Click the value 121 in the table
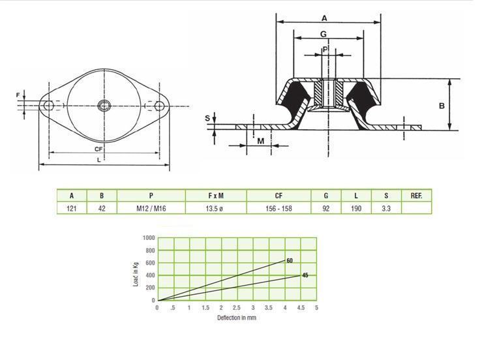tap(72, 209)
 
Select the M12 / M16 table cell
tap(151, 209)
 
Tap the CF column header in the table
tap(278, 196)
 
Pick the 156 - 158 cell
tap(278, 209)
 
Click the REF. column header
tap(416, 196)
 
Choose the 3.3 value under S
tap(386, 209)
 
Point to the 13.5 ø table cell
tap(215, 209)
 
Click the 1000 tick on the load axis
tap(149, 238)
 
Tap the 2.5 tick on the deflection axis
tap(237, 307)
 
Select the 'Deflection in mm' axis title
tap(237, 318)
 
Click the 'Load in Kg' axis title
tap(136, 274)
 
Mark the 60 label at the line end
tap(290, 260)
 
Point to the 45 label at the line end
tap(305, 275)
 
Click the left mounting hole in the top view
tap(49, 106)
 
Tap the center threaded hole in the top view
tap(104, 106)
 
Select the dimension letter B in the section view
tap(442, 106)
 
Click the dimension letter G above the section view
tap(323, 34)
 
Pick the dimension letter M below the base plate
tap(260, 141)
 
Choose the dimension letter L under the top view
tap(98, 160)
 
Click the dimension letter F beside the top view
tap(18, 95)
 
